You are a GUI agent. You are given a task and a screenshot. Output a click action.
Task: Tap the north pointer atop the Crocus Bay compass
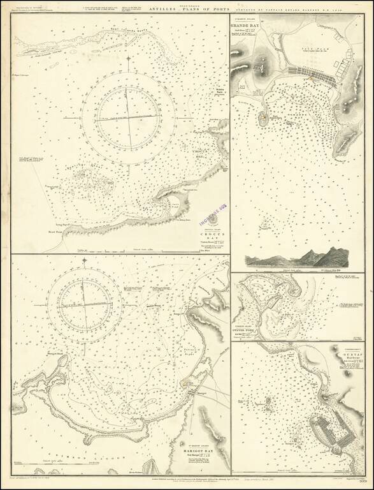[129, 61]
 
